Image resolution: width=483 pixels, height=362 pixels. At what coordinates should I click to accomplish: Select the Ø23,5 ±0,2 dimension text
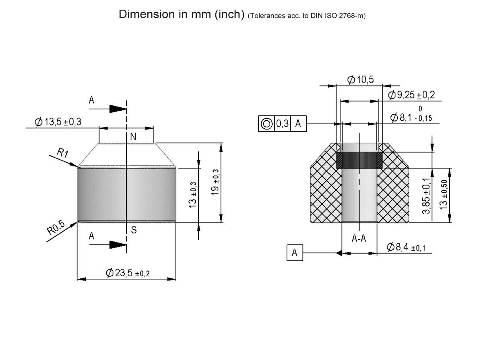128,273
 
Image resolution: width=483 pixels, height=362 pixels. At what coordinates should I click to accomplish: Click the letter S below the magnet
133,230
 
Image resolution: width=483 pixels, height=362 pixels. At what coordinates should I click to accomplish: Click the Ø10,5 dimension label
360,80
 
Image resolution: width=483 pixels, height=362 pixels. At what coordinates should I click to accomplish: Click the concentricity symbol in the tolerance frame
266,124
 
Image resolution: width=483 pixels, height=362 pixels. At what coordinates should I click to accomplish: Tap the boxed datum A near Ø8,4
295,253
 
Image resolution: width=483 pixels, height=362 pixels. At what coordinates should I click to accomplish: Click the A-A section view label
359,239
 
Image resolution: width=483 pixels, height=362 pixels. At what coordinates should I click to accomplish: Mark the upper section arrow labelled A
117,109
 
